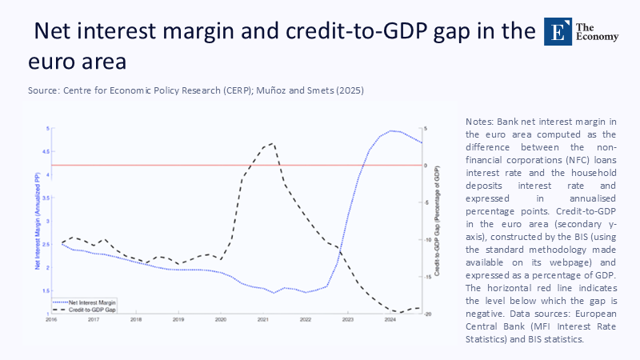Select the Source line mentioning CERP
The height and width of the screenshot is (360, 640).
point(196,90)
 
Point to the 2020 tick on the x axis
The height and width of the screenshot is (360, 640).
point(221,319)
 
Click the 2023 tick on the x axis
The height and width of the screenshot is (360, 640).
point(347,319)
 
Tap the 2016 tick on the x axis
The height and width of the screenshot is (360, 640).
point(50,319)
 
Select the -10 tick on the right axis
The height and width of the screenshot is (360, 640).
point(426,240)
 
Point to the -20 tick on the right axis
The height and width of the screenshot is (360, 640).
point(426,314)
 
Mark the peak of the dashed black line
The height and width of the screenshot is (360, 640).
point(274,143)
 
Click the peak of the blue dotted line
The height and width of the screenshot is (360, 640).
point(392,130)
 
